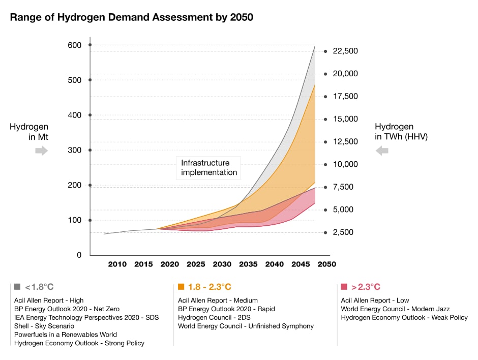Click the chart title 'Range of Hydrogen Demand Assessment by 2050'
[132, 17]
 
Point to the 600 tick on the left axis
[75, 45]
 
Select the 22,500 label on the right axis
[345, 51]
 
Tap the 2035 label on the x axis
[248, 264]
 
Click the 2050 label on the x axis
[327, 264]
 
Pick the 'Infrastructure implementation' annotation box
[209, 168]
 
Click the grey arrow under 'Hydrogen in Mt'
[41, 151]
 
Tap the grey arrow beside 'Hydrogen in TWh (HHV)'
[382, 151]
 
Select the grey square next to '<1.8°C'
[17, 287]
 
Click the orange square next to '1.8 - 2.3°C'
[181, 287]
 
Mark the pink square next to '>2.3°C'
[344, 287]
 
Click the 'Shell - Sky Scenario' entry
[44, 326]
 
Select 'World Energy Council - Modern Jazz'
[395, 309]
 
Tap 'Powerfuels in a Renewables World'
[66, 335]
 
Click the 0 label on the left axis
[79, 255]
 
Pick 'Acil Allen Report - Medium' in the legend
[218, 301]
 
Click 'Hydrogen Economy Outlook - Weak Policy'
[404, 317]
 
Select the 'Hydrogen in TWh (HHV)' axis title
[401, 131]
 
